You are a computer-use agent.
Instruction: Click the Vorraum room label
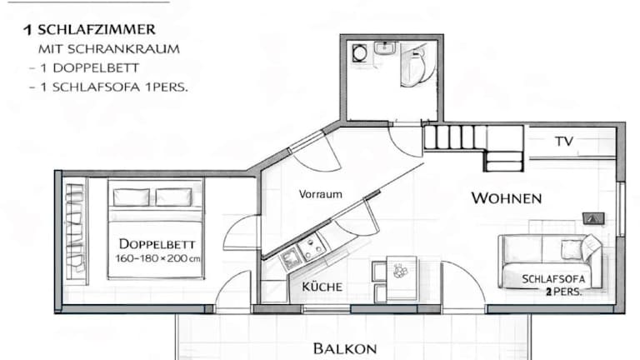click(320, 194)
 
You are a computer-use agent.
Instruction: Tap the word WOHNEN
click(507, 198)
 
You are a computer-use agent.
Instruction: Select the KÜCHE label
click(322, 287)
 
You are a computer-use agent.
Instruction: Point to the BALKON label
click(345, 349)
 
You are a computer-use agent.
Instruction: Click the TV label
click(564, 142)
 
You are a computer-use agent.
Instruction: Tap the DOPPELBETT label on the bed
click(157, 244)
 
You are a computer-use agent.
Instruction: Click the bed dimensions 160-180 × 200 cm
click(157, 258)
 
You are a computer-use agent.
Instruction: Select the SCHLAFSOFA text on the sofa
click(553, 279)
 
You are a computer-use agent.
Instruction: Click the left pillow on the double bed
click(132, 197)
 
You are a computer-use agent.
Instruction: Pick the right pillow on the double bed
click(174, 197)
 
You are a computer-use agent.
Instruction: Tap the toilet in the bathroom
click(416, 66)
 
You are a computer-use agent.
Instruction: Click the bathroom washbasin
click(384, 48)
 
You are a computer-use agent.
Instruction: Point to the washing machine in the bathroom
click(360, 53)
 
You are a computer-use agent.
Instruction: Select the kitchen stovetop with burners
click(312, 247)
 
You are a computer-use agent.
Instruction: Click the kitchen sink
click(290, 260)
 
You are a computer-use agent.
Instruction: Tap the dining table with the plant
click(402, 278)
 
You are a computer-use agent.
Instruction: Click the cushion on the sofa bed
click(571, 249)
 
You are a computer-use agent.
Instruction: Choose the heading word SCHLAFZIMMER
click(97, 30)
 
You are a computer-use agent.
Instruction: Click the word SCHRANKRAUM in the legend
click(123, 49)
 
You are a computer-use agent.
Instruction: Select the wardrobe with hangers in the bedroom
click(76, 231)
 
